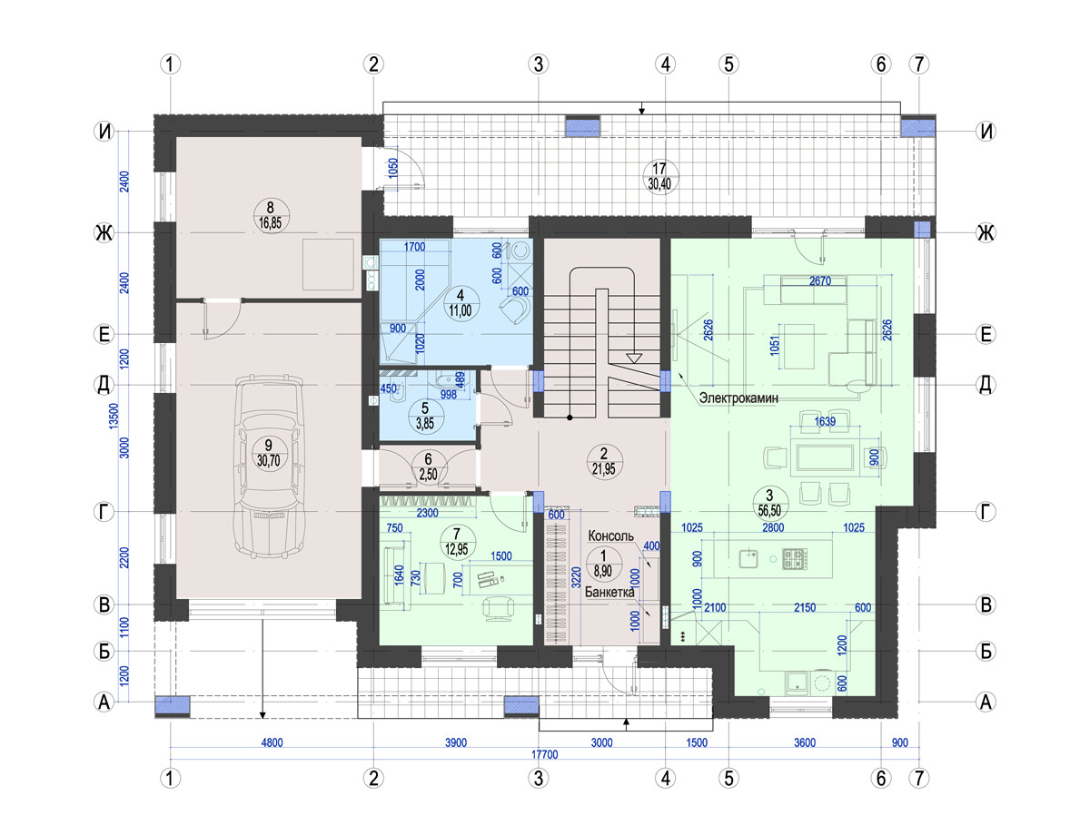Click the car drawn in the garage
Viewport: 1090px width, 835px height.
tap(270, 467)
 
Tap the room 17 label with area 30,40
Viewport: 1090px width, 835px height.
tap(659, 176)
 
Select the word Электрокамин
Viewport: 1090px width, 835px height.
tap(738, 398)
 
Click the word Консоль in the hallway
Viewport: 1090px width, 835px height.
tap(611, 535)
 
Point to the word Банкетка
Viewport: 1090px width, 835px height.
tap(609, 592)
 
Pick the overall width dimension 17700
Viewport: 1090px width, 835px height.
tap(544, 754)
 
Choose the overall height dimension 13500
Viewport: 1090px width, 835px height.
tap(114, 416)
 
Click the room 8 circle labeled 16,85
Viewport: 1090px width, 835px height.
tap(271, 215)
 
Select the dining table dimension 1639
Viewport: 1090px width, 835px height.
tap(825, 421)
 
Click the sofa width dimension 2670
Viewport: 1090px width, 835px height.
tap(820, 281)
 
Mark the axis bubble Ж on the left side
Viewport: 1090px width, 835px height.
tap(104, 233)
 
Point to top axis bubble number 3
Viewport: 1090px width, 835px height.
tap(539, 64)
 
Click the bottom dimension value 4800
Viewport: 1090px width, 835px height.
tap(272, 742)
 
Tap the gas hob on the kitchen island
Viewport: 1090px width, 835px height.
tap(795, 558)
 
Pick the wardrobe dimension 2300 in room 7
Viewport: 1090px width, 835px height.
tap(428, 513)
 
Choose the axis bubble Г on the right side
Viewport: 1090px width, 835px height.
tap(986, 512)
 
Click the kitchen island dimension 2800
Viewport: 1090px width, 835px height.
tap(773, 527)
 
